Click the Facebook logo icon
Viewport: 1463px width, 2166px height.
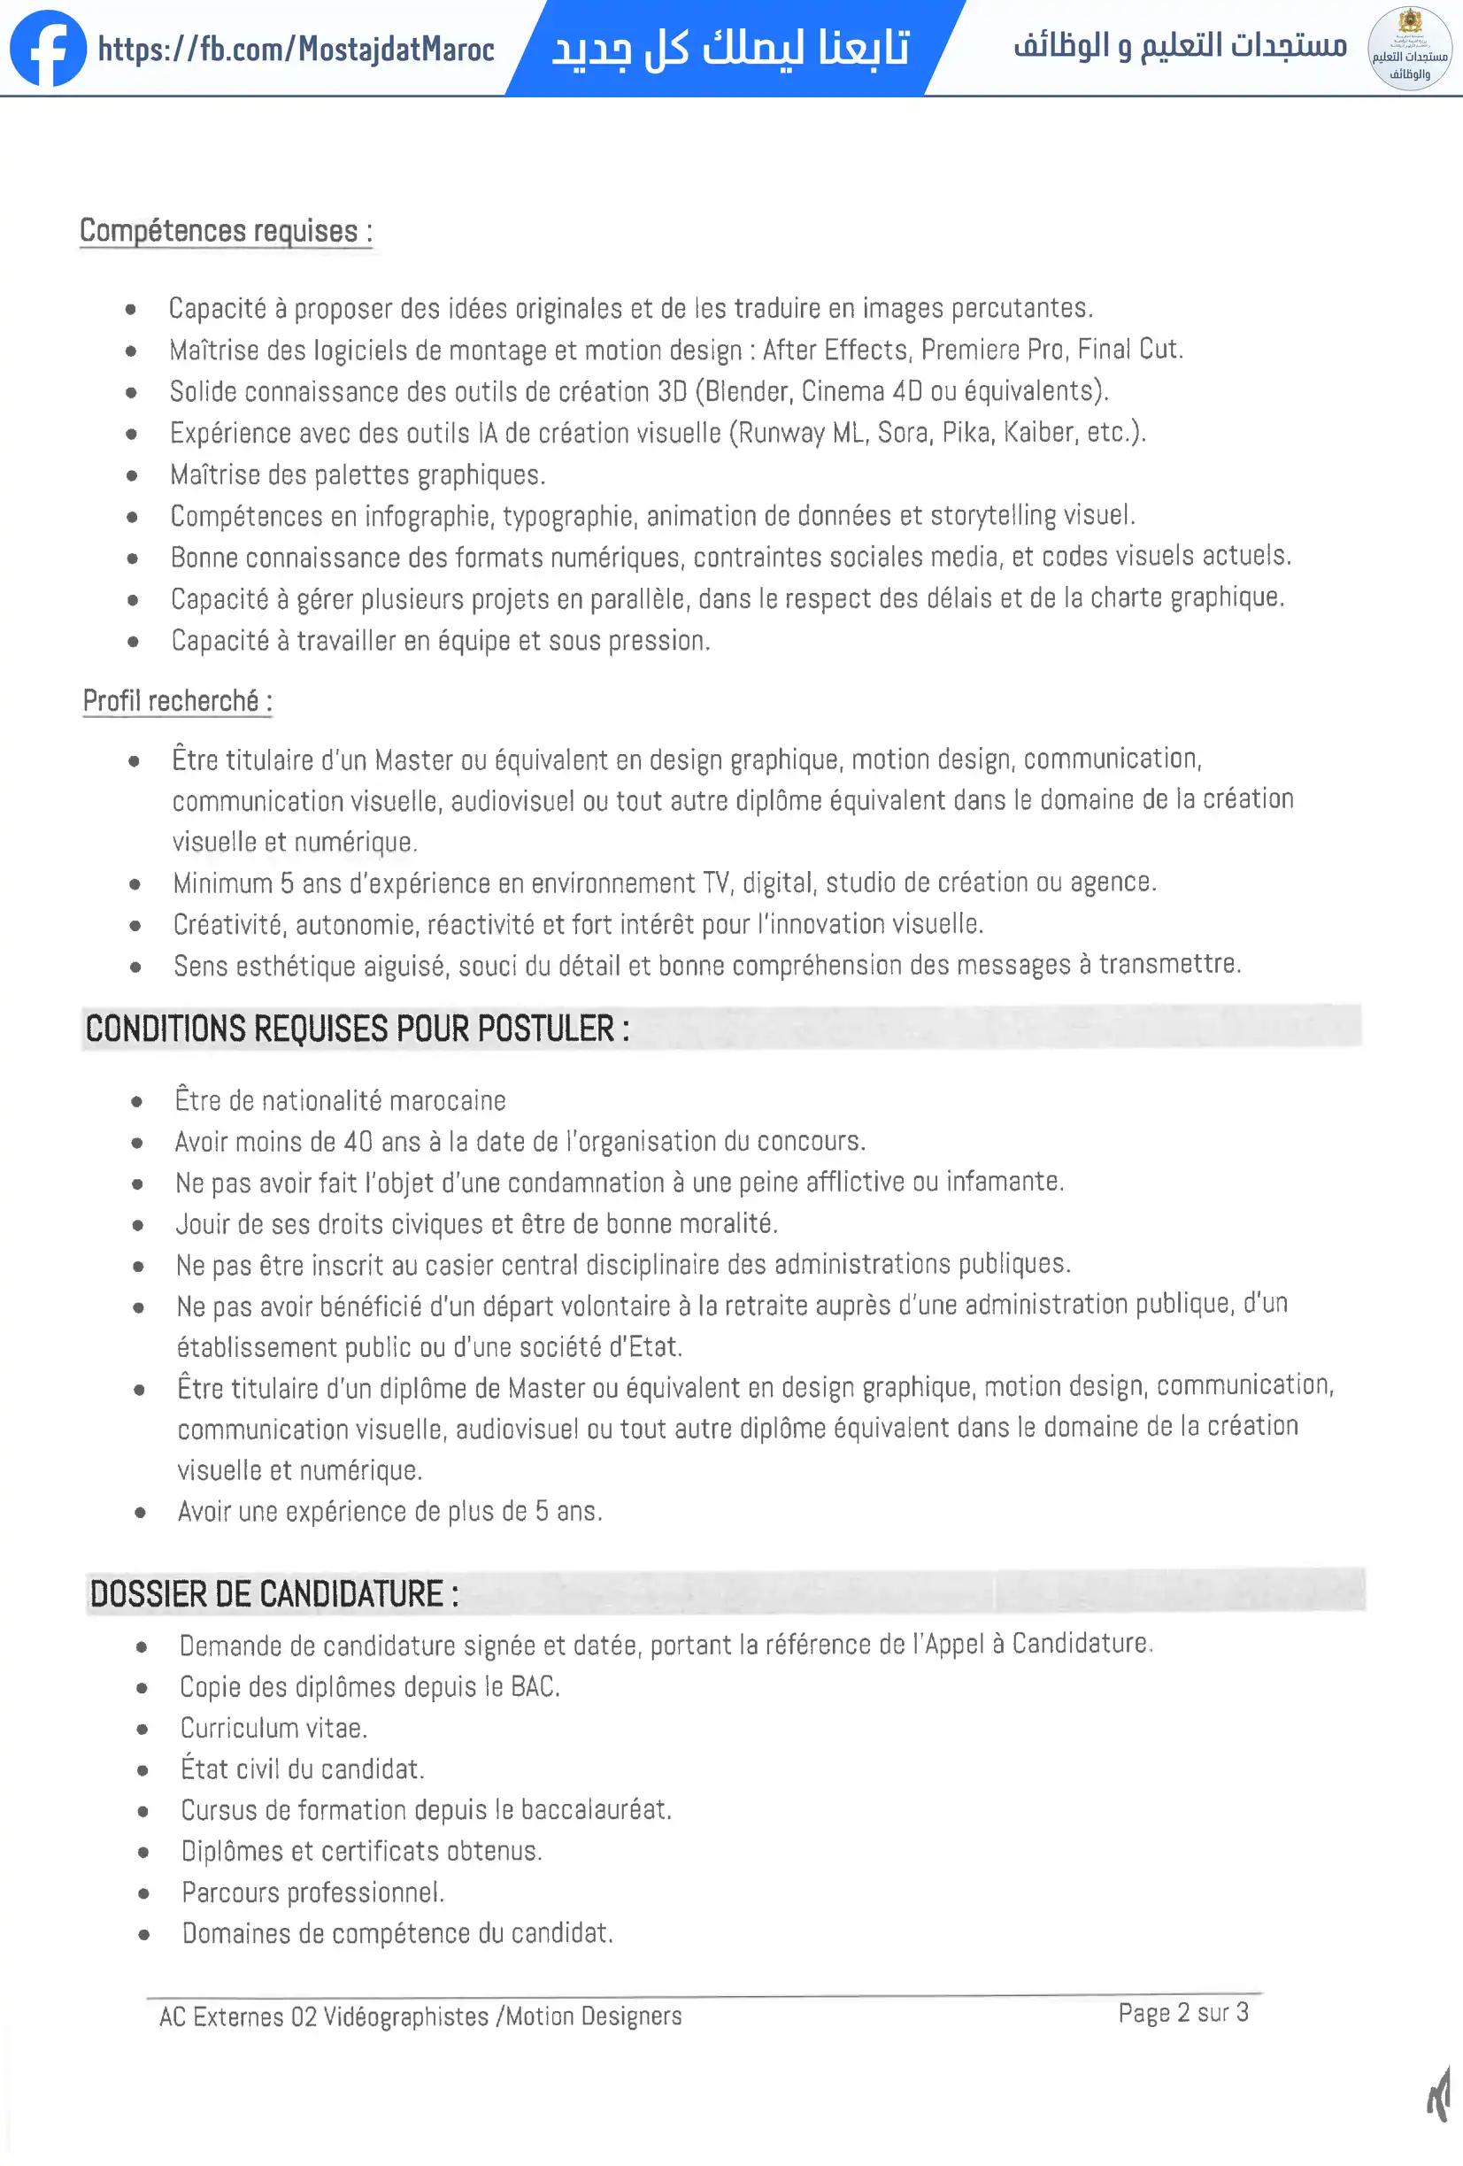point(48,49)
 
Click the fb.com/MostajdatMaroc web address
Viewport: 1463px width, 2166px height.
point(296,49)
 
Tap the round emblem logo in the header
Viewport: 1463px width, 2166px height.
point(1409,49)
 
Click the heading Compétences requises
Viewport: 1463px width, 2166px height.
point(226,231)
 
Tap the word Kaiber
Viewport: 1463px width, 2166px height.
point(1039,433)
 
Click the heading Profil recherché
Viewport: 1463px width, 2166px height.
point(177,701)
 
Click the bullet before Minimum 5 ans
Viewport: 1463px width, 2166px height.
point(135,883)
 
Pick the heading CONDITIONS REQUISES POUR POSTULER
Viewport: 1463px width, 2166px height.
point(357,1029)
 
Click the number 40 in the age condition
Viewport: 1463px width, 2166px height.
point(358,1142)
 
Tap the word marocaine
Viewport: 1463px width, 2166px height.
point(447,1101)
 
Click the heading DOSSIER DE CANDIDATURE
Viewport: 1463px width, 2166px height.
point(274,1594)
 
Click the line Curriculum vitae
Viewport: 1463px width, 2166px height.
point(274,1728)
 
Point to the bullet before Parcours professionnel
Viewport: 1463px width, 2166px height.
point(143,1892)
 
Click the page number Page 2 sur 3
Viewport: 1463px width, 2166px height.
point(1182,2013)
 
